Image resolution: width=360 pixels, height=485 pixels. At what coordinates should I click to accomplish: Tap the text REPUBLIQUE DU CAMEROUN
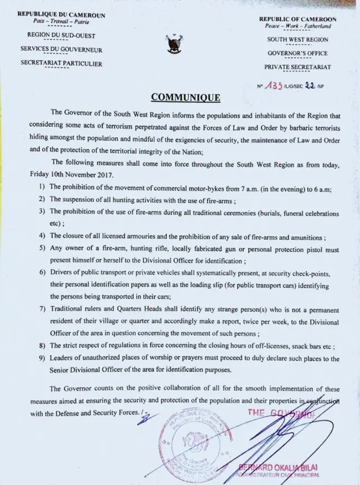(61, 14)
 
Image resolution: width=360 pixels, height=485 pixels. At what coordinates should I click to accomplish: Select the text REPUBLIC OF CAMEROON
(298, 19)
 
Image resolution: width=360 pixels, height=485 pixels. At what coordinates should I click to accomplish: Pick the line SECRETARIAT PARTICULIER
(61, 64)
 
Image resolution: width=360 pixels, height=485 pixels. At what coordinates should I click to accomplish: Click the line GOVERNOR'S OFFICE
(298, 53)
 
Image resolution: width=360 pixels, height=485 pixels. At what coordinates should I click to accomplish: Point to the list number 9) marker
(43, 358)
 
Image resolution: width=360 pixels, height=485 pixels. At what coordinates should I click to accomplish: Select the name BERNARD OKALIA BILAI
(279, 467)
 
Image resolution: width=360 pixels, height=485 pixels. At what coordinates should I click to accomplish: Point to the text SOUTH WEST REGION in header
(298, 39)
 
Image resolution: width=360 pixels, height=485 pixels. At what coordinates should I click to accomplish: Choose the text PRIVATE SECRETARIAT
(298, 68)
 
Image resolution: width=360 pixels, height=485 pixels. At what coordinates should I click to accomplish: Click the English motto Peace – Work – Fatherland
(298, 26)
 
